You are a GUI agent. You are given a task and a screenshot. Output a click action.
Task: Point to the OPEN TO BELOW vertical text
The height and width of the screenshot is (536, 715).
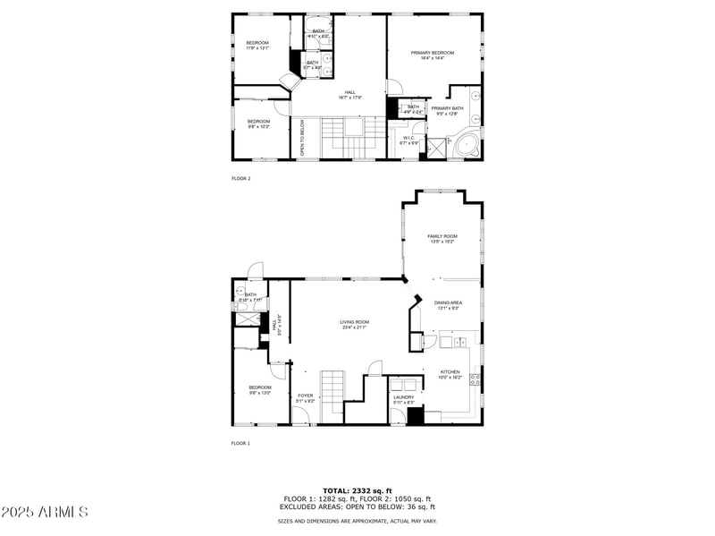[303, 140]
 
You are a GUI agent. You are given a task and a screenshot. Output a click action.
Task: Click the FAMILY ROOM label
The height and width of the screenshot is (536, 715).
[442, 238]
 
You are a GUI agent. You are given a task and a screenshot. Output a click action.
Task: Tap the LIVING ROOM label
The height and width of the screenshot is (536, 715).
[354, 324]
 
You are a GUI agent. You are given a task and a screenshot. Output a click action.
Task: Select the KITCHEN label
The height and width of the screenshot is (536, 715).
[450, 374]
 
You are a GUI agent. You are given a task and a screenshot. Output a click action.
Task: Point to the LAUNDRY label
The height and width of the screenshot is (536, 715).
[404, 398]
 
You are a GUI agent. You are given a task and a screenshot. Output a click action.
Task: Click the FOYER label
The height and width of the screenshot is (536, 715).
[306, 397]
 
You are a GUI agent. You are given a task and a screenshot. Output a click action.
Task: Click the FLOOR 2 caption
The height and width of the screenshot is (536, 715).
[241, 179]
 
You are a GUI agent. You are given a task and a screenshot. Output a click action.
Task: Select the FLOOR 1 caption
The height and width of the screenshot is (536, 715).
[241, 443]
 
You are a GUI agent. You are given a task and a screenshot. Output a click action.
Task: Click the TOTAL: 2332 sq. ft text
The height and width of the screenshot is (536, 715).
[357, 491]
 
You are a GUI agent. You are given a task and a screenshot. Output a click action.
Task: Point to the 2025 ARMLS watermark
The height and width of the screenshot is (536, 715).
[45, 512]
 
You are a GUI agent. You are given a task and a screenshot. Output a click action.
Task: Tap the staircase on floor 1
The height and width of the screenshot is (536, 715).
[332, 392]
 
